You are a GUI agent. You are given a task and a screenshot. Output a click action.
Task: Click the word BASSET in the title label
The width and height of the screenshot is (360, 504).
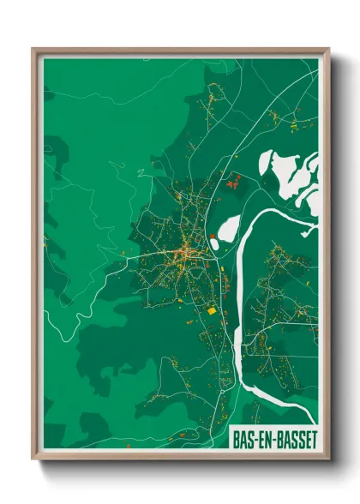coord(293,439)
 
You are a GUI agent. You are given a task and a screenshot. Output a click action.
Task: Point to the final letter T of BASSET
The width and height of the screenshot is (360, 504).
coord(313,439)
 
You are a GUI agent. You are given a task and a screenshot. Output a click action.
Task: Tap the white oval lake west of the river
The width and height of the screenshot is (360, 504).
coord(229,228)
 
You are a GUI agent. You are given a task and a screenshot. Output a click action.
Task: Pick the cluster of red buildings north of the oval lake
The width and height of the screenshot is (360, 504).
coord(233,181)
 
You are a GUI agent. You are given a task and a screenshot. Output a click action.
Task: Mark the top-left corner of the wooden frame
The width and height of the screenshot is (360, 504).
coord(33,49)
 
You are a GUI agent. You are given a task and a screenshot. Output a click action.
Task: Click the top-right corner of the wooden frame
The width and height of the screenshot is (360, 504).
coord(329,49)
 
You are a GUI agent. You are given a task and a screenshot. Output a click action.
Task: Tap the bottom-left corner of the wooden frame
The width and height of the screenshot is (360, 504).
coord(33,460)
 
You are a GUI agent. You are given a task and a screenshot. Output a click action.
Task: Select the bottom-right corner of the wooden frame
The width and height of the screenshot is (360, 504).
coord(329,460)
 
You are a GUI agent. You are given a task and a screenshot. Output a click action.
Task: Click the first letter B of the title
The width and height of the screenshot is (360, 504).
coord(235,439)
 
